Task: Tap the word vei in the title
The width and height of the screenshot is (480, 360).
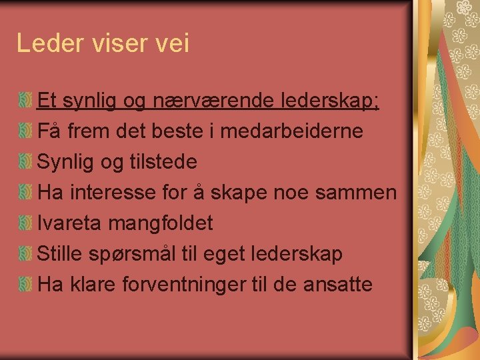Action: point(173,43)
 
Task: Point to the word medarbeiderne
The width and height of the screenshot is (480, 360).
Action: point(292,131)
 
